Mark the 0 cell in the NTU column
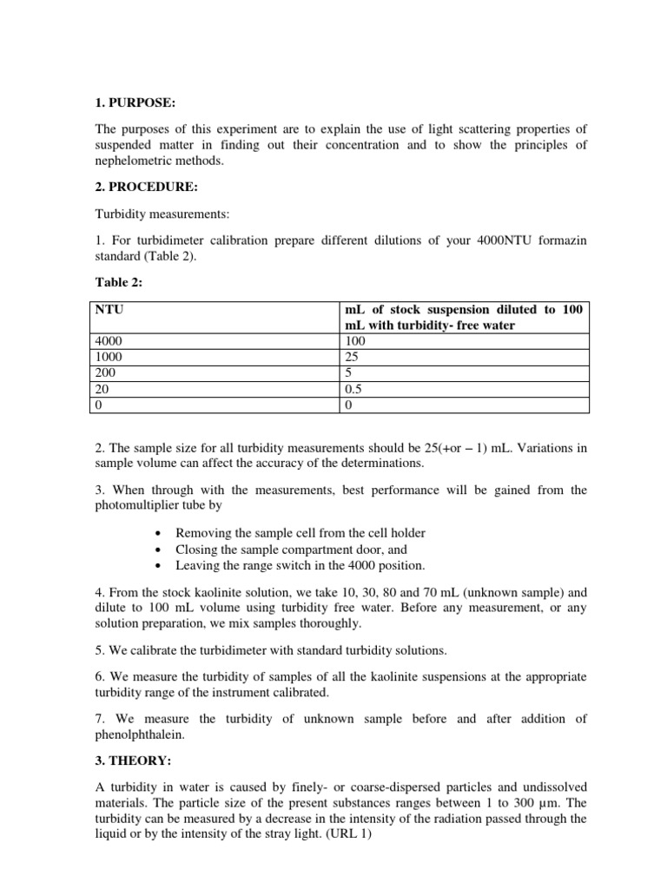(x=99, y=405)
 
